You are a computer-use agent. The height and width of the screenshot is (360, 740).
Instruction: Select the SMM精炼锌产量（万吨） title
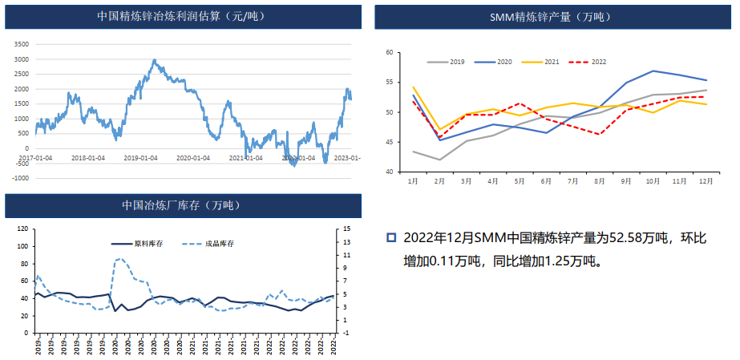552,16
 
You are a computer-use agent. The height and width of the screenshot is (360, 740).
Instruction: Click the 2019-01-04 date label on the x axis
140,157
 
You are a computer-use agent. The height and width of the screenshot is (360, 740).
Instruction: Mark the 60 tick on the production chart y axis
390,53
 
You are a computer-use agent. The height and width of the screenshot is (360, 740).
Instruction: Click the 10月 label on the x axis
653,181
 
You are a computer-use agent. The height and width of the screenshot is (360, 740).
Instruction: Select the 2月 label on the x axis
439,181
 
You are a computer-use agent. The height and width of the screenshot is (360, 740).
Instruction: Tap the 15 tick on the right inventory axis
346,229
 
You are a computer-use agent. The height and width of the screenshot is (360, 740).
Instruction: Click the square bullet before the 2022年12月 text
392,237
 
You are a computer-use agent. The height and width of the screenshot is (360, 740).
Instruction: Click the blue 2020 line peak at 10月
653,71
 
